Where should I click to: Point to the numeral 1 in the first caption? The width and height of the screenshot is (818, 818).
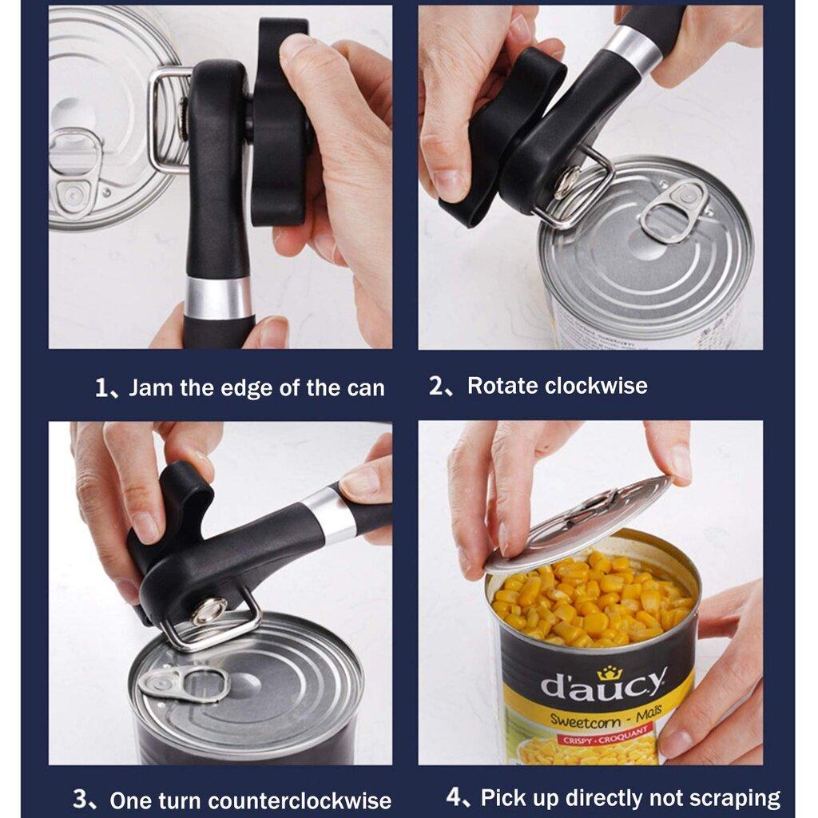coord(101,389)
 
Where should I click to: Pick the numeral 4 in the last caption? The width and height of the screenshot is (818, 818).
coord(454,797)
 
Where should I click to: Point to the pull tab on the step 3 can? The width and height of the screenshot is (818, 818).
coord(183,684)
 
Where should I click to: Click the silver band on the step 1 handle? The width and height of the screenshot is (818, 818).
coord(218,298)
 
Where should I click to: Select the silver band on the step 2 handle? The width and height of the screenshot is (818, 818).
coord(633,50)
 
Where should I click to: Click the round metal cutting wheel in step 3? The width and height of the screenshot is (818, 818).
coord(208,611)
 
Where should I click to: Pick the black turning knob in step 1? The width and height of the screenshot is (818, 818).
coord(280,120)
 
